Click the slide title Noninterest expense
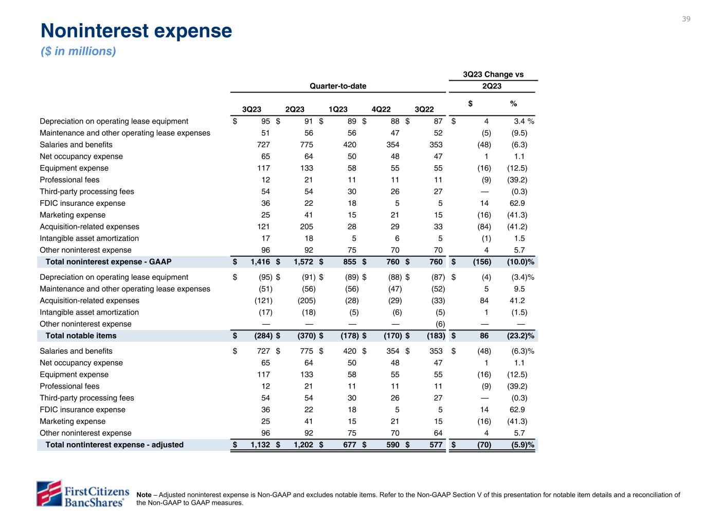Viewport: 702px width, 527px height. (x=136, y=31)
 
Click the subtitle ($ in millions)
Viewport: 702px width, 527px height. (x=78, y=51)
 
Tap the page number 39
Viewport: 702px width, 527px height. (x=686, y=19)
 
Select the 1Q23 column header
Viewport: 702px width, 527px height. (x=338, y=109)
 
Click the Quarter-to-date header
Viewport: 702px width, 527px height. (x=338, y=86)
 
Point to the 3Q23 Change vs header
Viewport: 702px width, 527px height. (x=493, y=74)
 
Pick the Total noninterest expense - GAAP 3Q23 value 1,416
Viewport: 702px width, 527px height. (x=260, y=262)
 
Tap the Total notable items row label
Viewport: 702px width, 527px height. (x=81, y=336)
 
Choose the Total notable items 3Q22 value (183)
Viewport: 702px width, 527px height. (x=435, y=336)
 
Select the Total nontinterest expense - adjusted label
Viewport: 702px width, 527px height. (x=115, y=445)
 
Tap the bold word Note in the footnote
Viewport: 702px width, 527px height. (x=144, y=495)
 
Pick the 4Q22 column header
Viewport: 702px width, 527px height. (x=381, y=109)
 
